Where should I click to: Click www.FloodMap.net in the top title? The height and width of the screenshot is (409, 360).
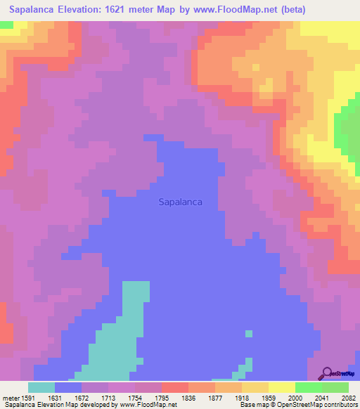[x=255, y=10]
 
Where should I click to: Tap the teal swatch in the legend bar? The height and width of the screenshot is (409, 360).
[x=41, y=387]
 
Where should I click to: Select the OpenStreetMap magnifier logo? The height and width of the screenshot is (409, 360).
[x=327, y=373]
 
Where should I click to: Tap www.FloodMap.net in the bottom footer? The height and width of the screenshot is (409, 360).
[x=143, y=405]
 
